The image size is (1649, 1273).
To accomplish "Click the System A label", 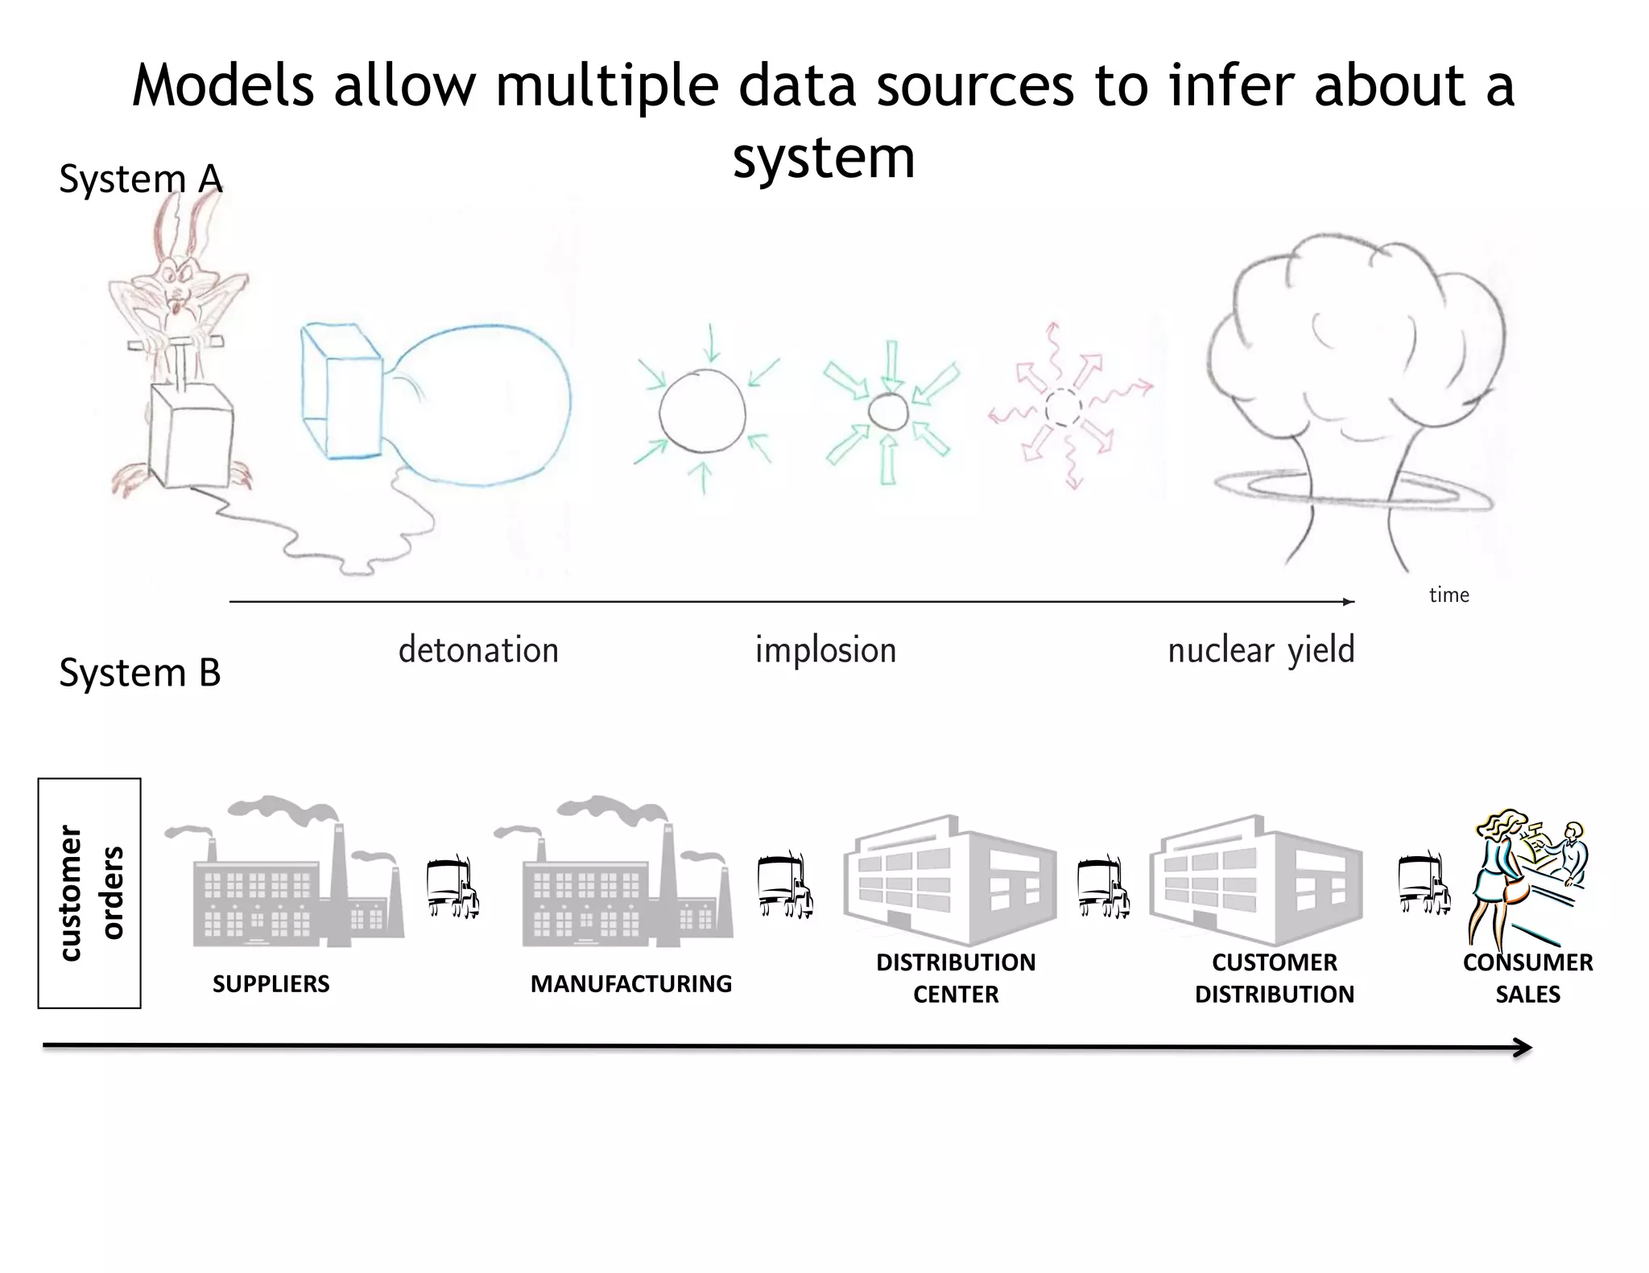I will (140, 179).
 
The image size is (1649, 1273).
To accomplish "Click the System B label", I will (139, 673).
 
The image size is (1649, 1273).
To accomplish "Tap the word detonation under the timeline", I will (478, 650).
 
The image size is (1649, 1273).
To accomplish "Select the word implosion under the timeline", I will (825, 650).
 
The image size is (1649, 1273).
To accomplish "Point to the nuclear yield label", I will (1261, 650).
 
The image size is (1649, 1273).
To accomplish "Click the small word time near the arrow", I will (1449, 595).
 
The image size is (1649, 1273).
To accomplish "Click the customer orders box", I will (89, 892).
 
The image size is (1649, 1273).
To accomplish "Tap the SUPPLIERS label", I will (271, 983).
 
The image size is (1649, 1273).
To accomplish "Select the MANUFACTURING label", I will (630, 983).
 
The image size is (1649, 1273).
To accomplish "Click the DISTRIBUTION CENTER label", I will (956, 978).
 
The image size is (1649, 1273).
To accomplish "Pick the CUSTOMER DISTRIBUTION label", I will (1274, 978).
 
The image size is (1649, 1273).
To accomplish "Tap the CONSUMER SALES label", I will (1527, 978).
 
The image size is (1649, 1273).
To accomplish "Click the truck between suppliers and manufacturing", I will (453, 887).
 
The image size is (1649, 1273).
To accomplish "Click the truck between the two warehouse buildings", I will (1104, 887).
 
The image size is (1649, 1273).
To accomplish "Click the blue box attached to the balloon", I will (340, 392).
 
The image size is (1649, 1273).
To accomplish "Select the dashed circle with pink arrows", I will (1064, 407).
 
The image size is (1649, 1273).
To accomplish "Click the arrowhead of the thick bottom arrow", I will (1522, 1048).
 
